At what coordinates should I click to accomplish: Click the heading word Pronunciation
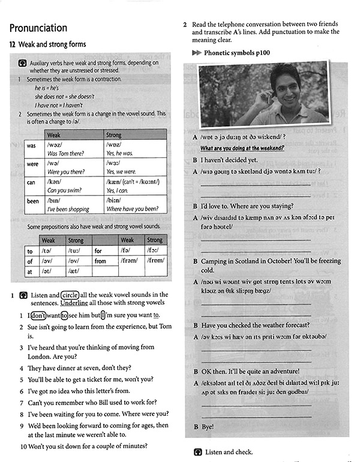click(x=38, y=28)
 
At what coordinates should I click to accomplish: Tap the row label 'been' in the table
click(x=32, y=201)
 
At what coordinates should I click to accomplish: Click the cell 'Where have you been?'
click(x=132, y=209)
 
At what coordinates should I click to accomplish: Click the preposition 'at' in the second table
click(x=29, y=271)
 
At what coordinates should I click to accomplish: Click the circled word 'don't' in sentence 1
click(x=38, y=316)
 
